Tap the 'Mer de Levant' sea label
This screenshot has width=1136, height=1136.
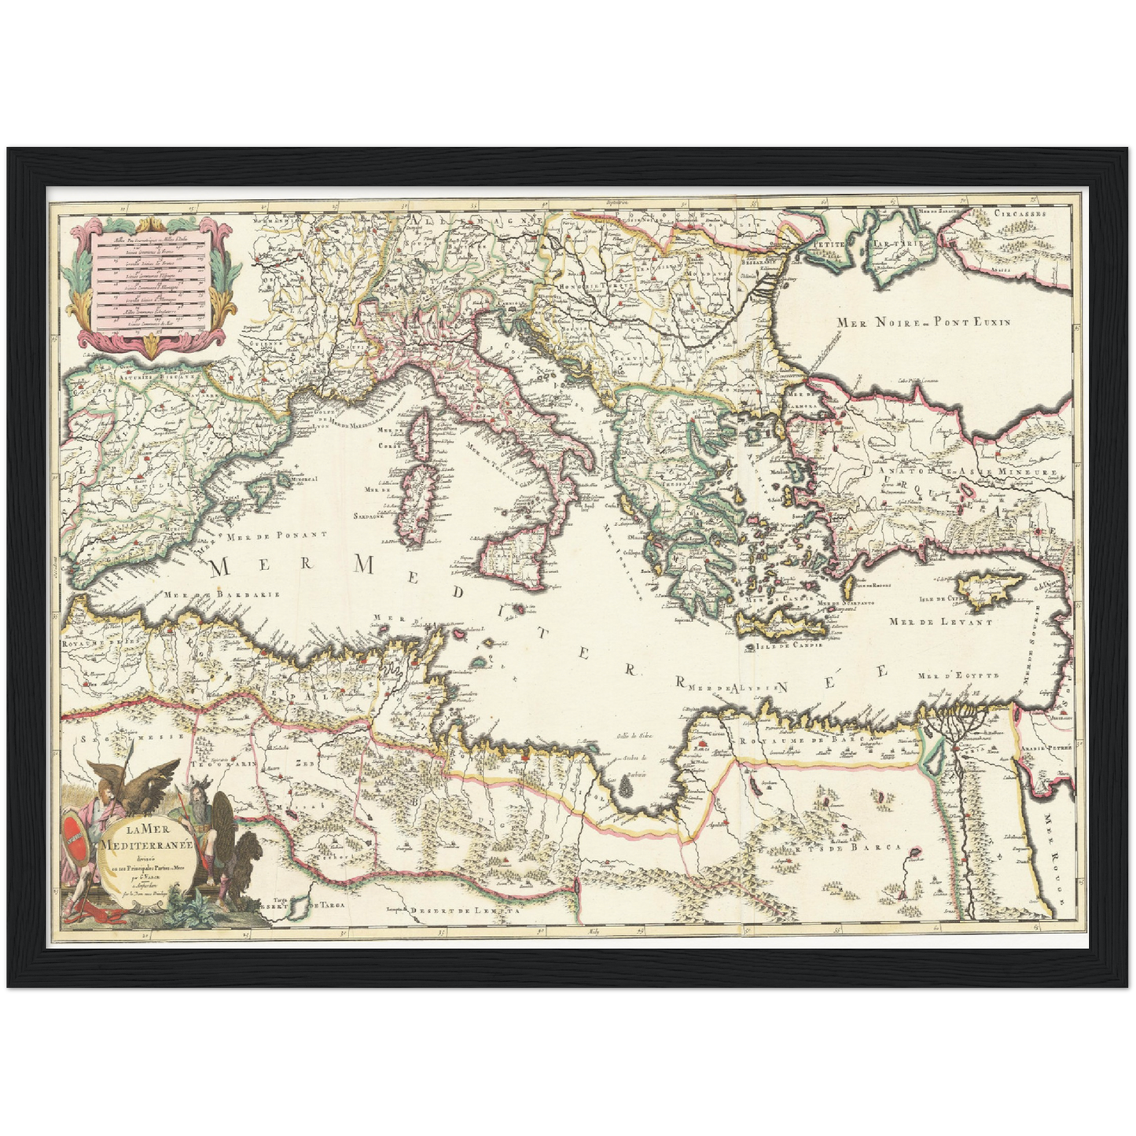(939, 621)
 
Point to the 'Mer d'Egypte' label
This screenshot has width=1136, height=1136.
(958, 675)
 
